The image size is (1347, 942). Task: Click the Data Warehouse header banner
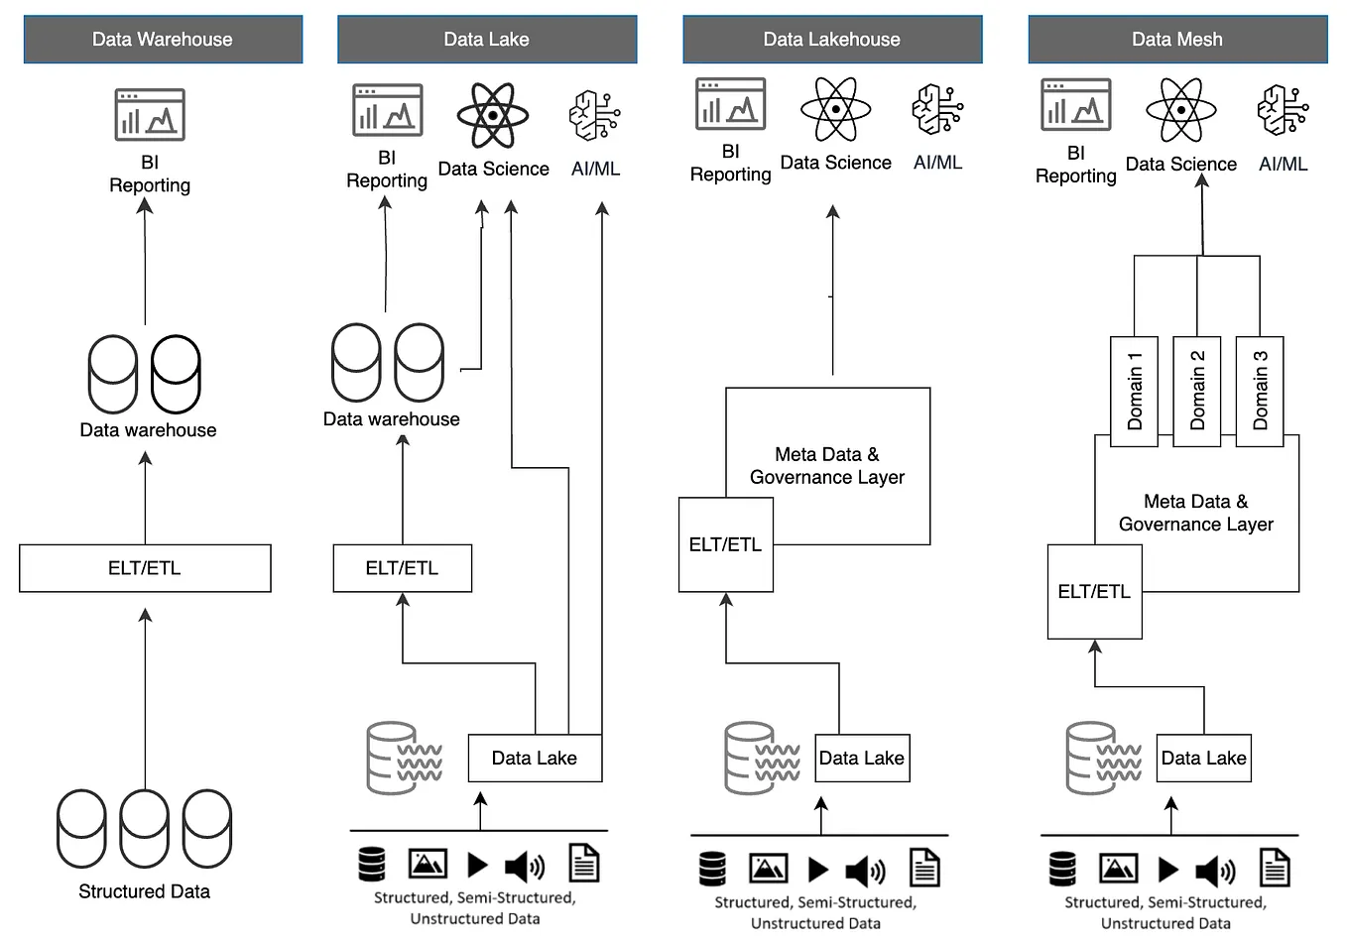point(163,40)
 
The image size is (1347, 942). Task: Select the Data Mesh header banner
point(1177,40)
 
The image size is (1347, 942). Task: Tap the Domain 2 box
point(1197,391)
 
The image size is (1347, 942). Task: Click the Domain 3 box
point(1260,391)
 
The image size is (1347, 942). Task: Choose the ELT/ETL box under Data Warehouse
point(145,568)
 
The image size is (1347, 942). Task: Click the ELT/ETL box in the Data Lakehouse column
point(725,544)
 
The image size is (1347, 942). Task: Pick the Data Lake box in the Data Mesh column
point(1203,759)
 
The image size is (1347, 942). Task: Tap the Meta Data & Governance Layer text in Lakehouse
point(827,466)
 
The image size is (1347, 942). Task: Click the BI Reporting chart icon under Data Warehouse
point(150,114)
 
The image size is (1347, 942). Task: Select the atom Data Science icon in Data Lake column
point(493,115)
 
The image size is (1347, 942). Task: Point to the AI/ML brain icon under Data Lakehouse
point(937,109)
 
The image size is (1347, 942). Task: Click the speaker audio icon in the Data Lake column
point(525,867)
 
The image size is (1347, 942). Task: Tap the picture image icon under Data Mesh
point(1118,869)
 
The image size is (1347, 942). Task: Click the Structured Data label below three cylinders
point(145,891)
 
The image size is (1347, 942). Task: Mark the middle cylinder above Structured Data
point(145,828)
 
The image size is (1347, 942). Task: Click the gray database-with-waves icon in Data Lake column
point(404,759)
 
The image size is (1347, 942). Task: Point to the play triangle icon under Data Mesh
point(1168,870)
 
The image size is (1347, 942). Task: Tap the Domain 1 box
point(1134,391)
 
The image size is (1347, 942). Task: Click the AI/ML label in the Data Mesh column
point(1283,165)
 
